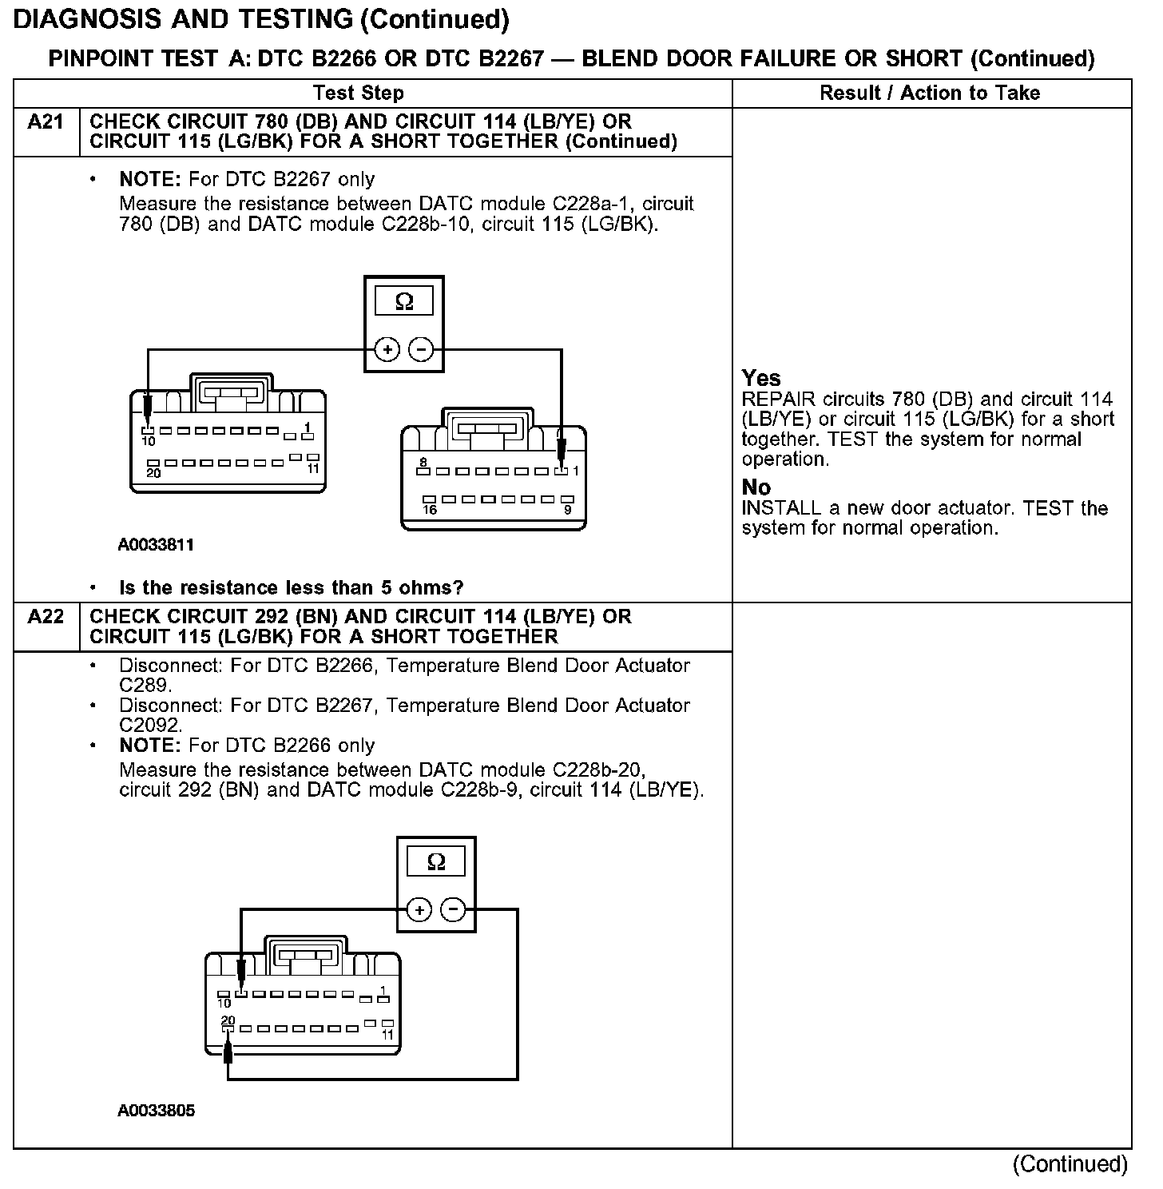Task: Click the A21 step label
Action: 46,122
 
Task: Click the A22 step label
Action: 46,617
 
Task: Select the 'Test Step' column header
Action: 358,93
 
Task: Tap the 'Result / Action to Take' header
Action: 930,93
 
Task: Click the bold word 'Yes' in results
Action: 761,378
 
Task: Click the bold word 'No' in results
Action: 756,487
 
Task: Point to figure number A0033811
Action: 156,545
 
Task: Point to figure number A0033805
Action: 156,1111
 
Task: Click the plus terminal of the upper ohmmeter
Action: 387,350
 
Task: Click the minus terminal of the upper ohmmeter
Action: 421,350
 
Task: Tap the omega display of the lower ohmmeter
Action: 436,862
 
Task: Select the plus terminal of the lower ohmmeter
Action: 419,909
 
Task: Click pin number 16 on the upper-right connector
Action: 430,510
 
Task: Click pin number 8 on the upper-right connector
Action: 423,463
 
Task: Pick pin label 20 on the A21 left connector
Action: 153,473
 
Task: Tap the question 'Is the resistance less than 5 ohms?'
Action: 291,588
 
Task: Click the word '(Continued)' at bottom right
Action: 1070,1164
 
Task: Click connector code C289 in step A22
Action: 144,686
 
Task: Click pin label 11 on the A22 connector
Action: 387,1035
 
